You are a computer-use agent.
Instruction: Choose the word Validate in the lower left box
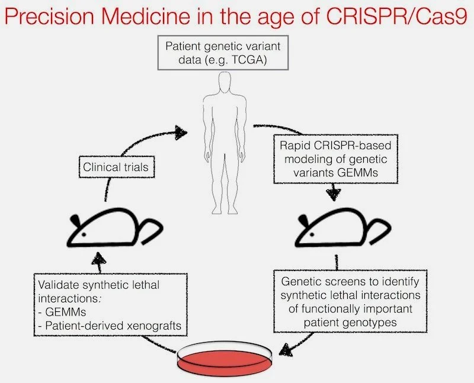click(56, 285)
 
